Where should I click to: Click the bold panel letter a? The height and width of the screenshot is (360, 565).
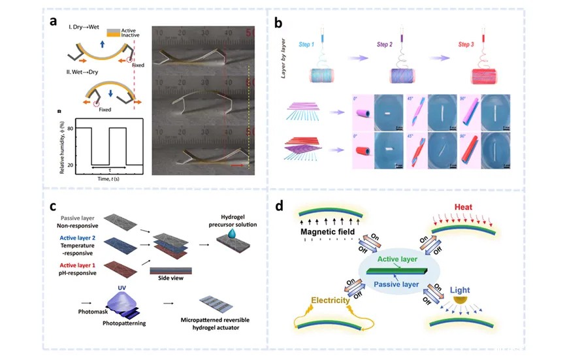pyautogui.click(x=56, y=20)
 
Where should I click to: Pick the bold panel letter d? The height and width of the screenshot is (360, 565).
pyautogui.click(x=280, y=206)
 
